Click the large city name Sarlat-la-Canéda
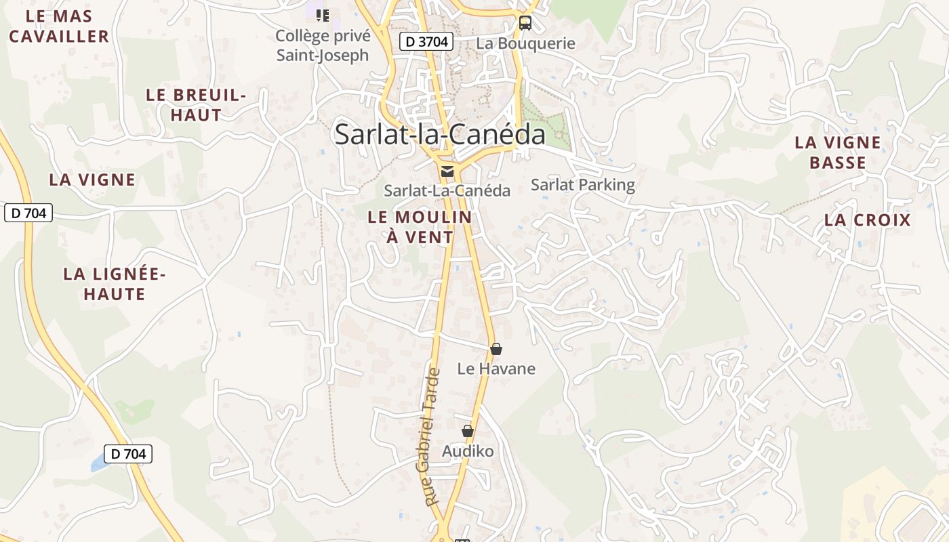coord(440,135)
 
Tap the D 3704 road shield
coord(425,41)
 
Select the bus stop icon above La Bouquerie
coord(525,22)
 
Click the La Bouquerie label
coord(525,43)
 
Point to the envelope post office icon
coord(447,171)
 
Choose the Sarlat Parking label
coord(582,185)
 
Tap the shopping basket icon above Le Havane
coord(496,349)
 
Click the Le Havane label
coord(496,369)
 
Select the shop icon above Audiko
coord(468,431)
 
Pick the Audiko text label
coord(468,451)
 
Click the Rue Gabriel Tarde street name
coord(431,436)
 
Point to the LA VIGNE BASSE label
coord(838,152)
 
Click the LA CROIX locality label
coord(868,220)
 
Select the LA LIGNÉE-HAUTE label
coord(115,284)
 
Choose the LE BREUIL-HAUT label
coord(196,105)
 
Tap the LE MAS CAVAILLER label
coord(59,26)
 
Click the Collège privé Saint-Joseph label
coord(323,45)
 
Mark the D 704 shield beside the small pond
coord(128,454)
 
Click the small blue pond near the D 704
coord(99,463)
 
